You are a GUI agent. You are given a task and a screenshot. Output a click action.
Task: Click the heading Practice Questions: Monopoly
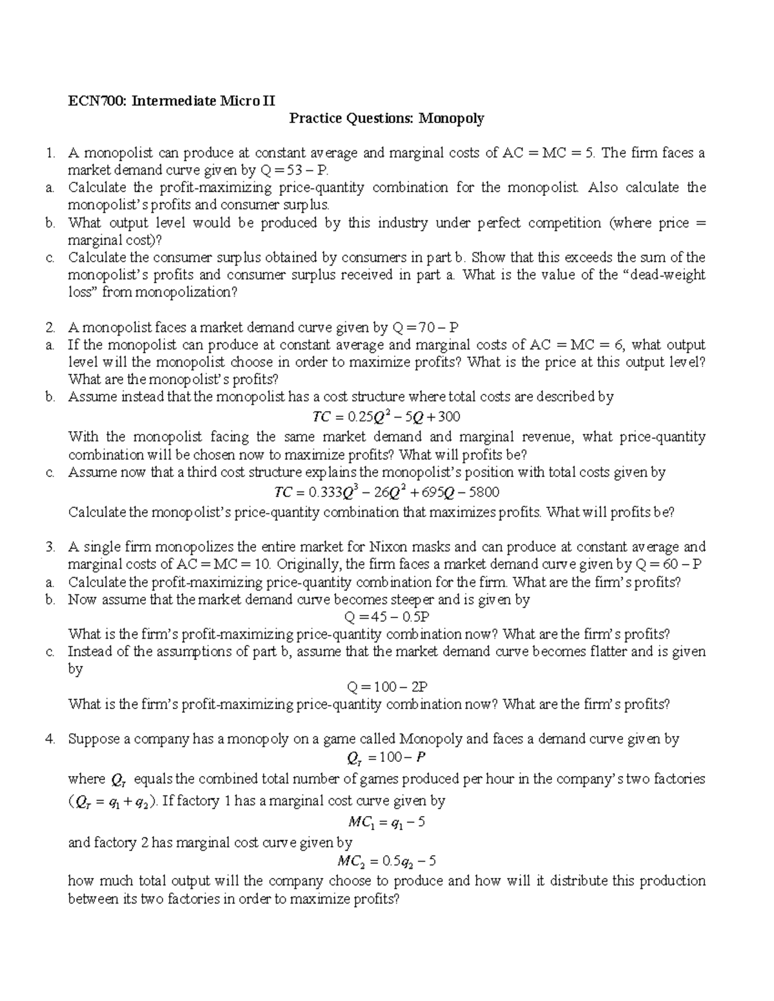[x=386, y=118]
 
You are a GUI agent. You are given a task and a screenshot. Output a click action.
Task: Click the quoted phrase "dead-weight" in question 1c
[x=665, y=275]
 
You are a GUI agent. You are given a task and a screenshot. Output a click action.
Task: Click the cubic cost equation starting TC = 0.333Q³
[x=386, y=492]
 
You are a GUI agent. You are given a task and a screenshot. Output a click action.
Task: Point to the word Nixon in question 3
[x=387, y=547]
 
